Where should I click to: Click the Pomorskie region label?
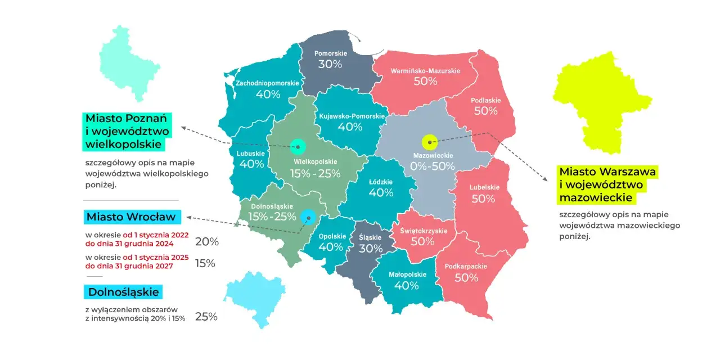tap(331, 53)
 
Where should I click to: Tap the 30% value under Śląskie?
tap(370, 248)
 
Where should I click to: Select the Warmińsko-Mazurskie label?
tap(425, 71)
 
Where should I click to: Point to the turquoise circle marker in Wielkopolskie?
tap(297, 147)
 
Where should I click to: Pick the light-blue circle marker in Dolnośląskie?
tap(308, 217)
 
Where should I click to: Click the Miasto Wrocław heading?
tap(130, 217)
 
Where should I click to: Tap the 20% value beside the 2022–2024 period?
tap(206, 242)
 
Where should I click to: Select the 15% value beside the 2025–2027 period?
tap(205, 263)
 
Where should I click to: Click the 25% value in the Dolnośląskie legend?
tap(206, 317)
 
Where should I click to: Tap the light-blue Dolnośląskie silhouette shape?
tap(255, 299)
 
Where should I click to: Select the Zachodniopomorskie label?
tap(267, 83)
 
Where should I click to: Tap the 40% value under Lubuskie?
tap(251, 164)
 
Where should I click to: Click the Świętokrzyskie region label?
tap(423, 231)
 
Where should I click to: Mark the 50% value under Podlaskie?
tap(485, 111)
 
